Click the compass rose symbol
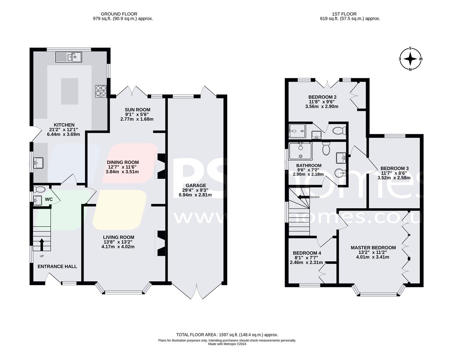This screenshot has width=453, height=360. tap(411, 59)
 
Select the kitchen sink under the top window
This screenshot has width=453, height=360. tap(69, 57)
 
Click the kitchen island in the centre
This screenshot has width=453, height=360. tap(69, 91)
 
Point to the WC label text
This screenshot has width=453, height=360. tap(49, 199)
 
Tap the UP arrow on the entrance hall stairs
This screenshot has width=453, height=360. tap(42, 244)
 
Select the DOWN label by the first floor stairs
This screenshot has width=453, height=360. tap(315, 197)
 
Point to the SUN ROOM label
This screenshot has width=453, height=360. tap(137, 110)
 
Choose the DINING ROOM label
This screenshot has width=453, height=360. tap(123, 162)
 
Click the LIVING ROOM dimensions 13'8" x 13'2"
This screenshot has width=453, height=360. tap(119, 242)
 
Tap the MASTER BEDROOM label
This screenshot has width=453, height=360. tap(373, 247)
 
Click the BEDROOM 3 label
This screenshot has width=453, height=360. tap(394, 168)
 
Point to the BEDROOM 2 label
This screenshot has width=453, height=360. tap(322, 97)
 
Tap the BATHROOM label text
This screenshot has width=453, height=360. tap(309, 165)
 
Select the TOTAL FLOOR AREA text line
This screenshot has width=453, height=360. tap(227, 335)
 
